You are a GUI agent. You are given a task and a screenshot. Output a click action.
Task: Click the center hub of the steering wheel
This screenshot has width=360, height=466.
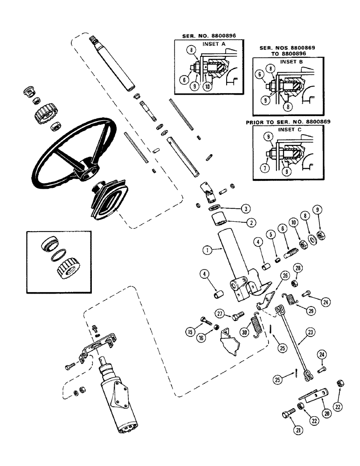click(x=86, y=171)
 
